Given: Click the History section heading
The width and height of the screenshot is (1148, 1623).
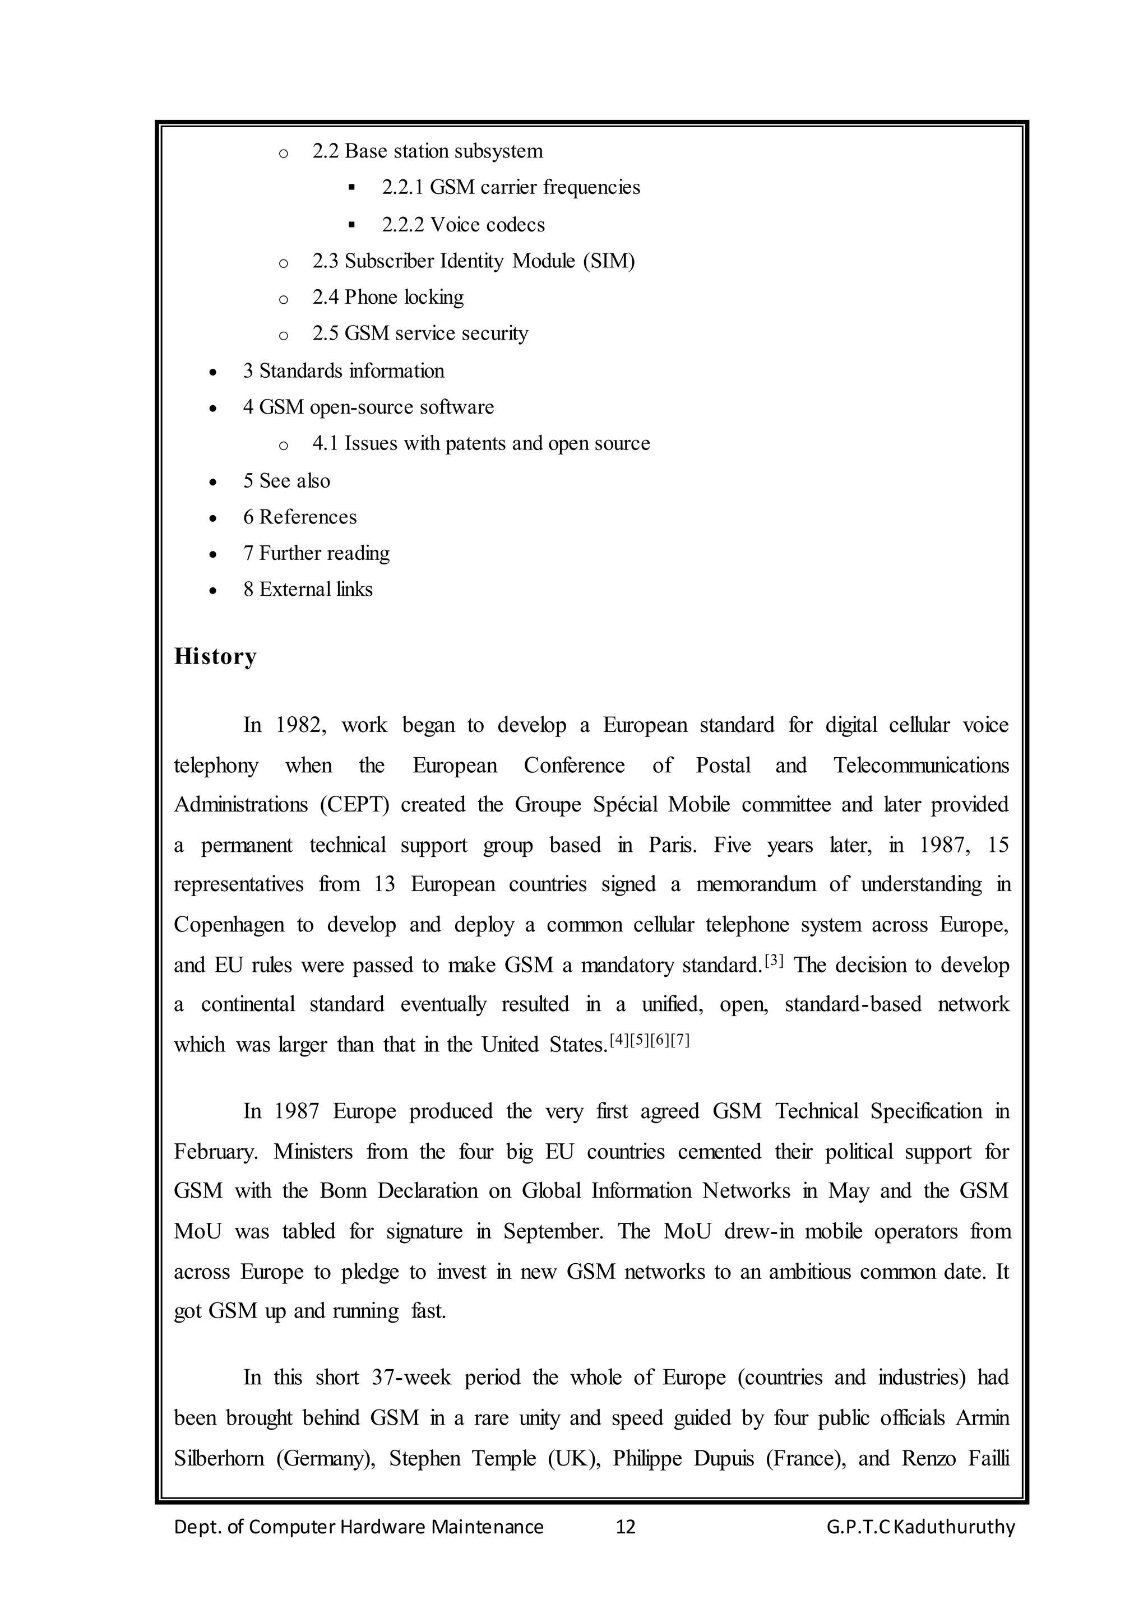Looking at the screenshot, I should tap(215, 657).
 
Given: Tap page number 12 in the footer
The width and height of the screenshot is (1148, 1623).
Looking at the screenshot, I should tap(626, 1527).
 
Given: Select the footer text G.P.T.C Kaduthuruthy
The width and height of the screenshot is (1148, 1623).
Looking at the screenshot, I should tap(920, 1527).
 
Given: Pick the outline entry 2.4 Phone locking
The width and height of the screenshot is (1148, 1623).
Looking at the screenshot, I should tap(388, 297).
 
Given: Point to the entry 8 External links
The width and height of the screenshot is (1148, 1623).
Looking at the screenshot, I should tap(308, 589).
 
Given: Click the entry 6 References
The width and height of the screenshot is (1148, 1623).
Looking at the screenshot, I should tap(300, 517).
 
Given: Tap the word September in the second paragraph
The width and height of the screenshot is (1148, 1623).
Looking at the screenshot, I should tap(553, 1231).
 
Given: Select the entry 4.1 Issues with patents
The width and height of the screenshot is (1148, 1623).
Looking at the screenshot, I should tap(481, 443).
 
